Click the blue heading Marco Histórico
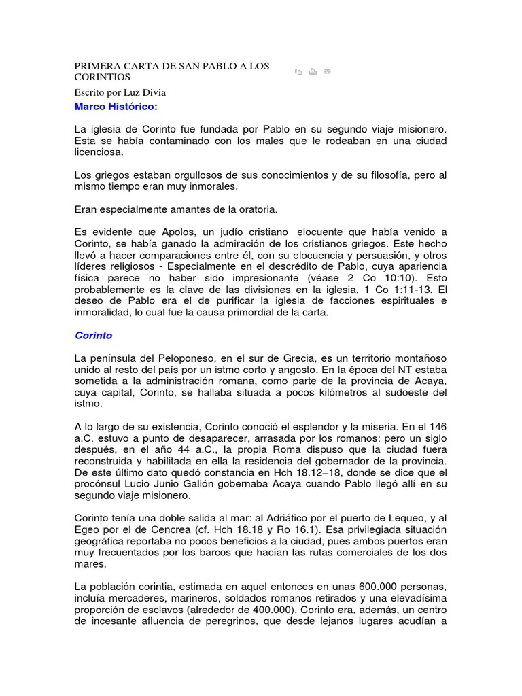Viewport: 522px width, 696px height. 115,107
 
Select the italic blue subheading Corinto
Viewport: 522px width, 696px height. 93,336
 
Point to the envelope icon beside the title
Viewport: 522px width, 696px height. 327,71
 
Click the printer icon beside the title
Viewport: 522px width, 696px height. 313,71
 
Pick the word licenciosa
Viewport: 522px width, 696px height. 100,153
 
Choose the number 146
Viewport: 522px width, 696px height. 438,426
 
